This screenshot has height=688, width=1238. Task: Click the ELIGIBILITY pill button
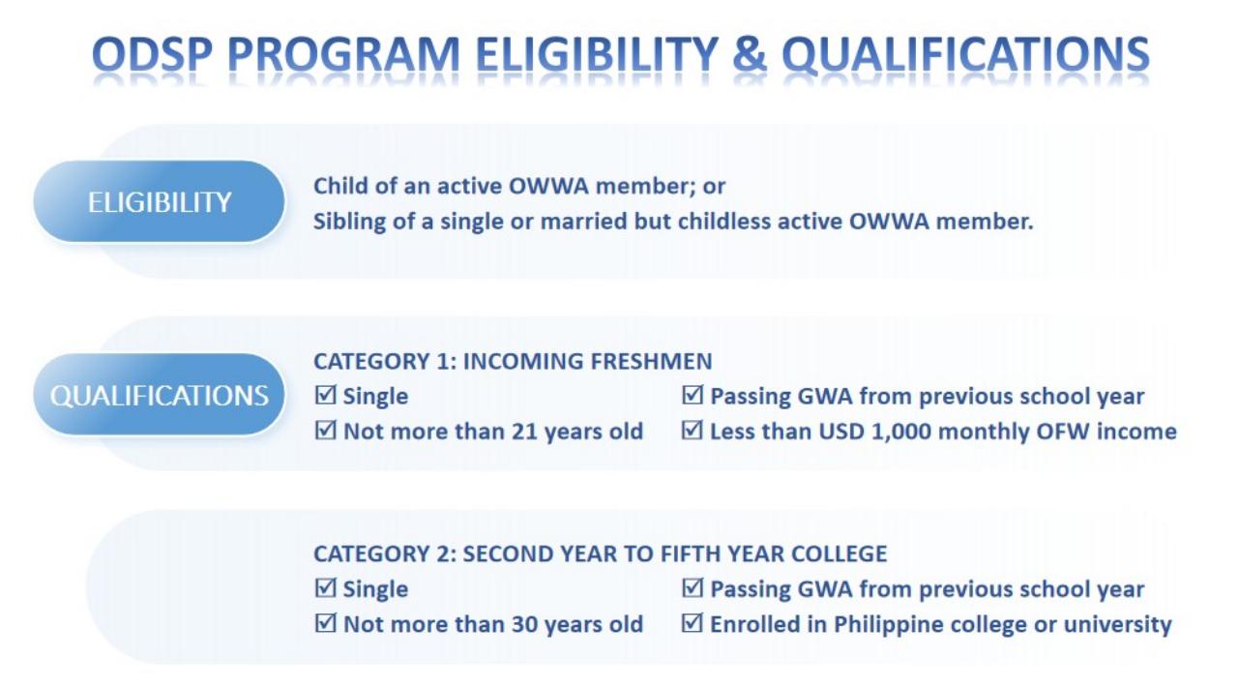coord(160,202)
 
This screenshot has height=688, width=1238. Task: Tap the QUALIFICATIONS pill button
coord(160,396)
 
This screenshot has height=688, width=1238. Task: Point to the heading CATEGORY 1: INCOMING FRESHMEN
coord(513,361)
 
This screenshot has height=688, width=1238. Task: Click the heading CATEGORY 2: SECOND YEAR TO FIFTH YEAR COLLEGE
coord(600,554)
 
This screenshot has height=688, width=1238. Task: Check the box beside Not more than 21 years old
coord(326,431)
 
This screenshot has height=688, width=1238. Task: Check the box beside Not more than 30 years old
coord(326,624)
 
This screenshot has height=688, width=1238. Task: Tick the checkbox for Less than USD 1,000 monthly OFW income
coord(693,431)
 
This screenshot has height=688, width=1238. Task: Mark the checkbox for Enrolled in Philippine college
coord(693,624)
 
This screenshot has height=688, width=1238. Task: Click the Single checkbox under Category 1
coord(326,396)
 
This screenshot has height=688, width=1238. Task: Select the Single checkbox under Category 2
coord(326,589)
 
